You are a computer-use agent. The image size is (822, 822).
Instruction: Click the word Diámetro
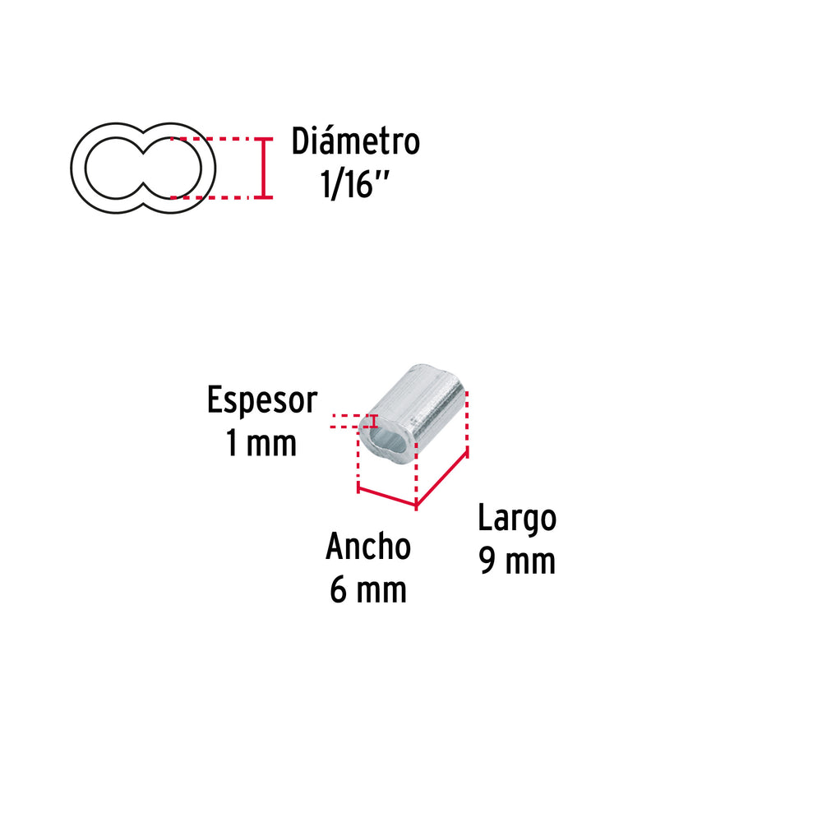coord(355,141)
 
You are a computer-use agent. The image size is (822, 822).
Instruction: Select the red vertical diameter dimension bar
coord(263,169)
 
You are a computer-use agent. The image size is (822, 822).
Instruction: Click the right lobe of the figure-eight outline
coord(178,169)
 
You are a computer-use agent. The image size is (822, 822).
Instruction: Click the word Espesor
coord(261,401)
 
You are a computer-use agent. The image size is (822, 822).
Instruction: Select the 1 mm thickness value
coord(261,443)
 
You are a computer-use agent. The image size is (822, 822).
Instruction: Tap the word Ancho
coord(367,547)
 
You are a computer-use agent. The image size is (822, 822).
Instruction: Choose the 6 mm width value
coord(367,589)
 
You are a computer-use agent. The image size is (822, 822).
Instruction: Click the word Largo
coord(517,519)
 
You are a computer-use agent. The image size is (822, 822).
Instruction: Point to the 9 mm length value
coord(517,561)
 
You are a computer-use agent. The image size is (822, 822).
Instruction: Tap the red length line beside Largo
coord(442,478)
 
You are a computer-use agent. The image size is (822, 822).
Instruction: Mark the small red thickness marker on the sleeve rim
coord(375,422)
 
